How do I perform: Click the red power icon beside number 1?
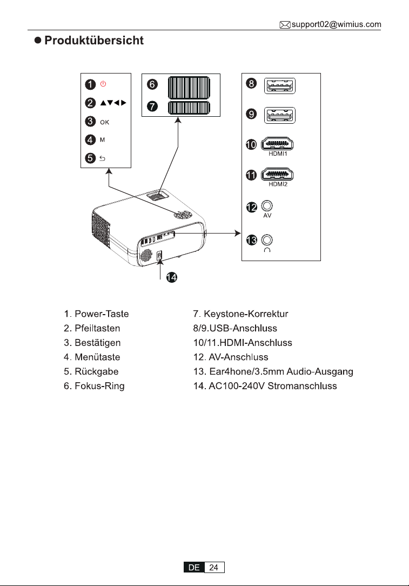(103, 84)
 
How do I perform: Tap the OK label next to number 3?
(105, 122)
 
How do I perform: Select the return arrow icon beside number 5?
(102, 158)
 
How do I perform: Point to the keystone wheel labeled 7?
(189, 108)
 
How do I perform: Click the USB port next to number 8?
(280, 86)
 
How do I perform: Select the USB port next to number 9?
(280, 115)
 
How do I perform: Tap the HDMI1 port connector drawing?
(277, 143)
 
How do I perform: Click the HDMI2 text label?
(278, 184)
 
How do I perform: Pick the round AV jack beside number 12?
(267, 206)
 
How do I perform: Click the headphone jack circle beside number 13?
(267, 239)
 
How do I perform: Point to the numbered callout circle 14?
(171, 277)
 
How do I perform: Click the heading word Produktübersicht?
(94, 41)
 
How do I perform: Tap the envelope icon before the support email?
(285, 25)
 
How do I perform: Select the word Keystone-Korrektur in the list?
(246, 314)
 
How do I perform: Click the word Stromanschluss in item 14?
(302, 385)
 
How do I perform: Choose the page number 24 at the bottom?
(213, 567)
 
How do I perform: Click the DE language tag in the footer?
(194, 567)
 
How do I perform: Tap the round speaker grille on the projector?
(146, 255)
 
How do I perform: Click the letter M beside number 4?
(102, 140)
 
